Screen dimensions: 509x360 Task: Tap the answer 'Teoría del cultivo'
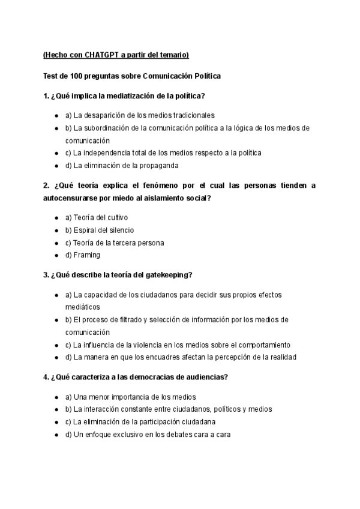click(97, 217)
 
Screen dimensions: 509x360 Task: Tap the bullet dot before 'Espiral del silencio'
click(56, 230)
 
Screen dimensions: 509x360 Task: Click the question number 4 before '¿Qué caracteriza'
click(46, 378)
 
